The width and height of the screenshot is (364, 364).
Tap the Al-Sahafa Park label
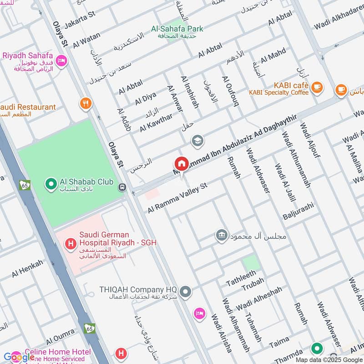coord(177,29)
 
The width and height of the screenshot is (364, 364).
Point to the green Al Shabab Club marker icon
coord(51,183)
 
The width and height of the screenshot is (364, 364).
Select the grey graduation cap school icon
coord(198,140)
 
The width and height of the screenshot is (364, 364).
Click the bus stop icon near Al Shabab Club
coord(122,187)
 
